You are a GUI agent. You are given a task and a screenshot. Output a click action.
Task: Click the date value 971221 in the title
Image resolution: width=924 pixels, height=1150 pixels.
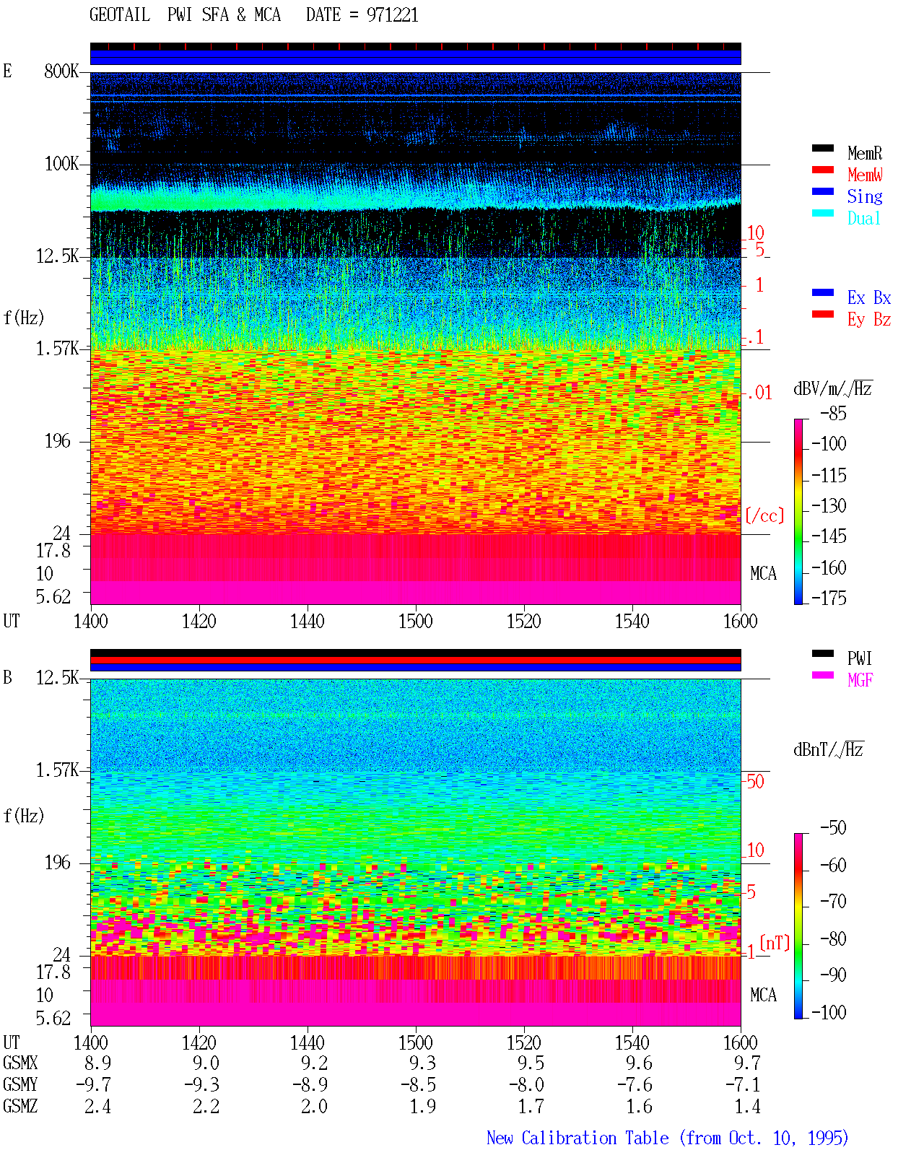click(392, 15)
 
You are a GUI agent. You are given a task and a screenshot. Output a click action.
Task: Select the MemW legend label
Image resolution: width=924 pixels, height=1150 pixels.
click(865, 175)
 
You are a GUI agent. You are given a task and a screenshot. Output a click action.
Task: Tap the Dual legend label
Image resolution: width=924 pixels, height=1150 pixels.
click(863, 218)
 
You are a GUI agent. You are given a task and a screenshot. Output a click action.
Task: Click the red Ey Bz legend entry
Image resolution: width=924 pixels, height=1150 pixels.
click(868, 319)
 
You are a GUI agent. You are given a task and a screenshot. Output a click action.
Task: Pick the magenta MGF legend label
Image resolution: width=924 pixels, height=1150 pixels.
click(860, 680)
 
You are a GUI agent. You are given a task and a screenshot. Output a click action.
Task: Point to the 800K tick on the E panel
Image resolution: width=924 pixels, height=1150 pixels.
click(61, 71)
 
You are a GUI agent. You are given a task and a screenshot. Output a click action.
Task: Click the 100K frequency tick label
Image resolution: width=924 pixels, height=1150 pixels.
click(61, 164)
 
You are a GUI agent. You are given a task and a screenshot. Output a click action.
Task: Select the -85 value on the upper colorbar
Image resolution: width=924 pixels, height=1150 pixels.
click(833, 413)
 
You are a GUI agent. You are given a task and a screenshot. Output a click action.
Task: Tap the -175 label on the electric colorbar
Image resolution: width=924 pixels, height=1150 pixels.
click(829, 598)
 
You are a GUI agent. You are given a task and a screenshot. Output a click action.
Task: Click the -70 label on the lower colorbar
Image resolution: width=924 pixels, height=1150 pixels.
click(833, 902)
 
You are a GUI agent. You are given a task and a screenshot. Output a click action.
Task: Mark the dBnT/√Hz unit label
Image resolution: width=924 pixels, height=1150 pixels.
click(828, 749)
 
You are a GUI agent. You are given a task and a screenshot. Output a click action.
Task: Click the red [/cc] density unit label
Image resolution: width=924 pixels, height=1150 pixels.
click(764, 515)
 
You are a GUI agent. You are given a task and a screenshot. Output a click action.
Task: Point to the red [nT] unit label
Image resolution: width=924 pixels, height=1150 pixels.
click(775, 943)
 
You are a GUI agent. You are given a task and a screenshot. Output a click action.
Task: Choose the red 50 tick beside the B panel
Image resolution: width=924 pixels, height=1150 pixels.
click(755, 781)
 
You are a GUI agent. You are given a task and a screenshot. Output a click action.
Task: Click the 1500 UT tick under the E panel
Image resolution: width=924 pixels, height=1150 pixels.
click(415, 622)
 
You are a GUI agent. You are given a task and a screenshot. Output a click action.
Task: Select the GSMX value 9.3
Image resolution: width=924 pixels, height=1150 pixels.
click(422, 1063)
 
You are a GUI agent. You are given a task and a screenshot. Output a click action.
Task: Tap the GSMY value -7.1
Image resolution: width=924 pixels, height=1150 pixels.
click(742, 1085)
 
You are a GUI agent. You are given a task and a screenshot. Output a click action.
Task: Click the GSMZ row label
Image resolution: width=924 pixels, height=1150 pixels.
click(20, 1106)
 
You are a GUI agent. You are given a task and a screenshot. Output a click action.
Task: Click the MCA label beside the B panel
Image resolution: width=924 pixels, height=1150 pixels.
click(763, 995)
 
